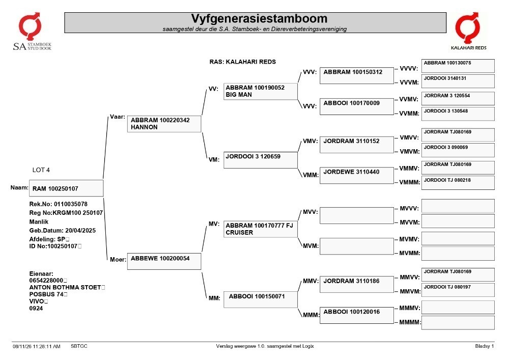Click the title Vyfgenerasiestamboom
click(259, 18)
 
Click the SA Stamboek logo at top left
click(32, 32)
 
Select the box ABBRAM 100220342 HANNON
click(164, 124)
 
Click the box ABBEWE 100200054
click(164, 261)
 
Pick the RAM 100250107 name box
click(66, 188)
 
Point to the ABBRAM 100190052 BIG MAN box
click(260, 91)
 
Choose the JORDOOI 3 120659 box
click(260, 160)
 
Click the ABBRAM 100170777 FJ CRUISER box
click(260, 229)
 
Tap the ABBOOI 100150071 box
click(260, 299)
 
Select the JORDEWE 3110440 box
click(356, 175)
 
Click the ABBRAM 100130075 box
click(458, 66)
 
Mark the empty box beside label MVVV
click(458, 206)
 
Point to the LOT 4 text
click(41, 170)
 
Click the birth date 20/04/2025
click(80, 231)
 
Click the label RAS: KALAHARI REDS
click(242, 62)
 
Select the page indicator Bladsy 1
click(485, 346)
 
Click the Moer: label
click(118, 259)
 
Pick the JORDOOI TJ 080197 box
click(458, 290)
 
